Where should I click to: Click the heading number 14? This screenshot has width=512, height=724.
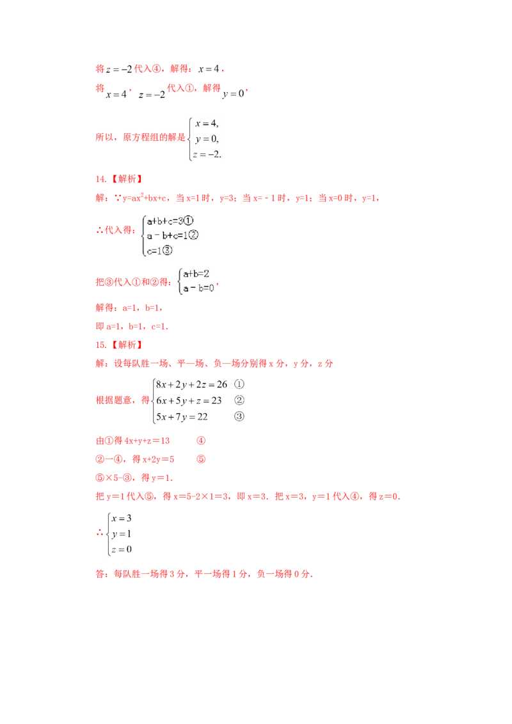pyautogui.click(x=100, y=179)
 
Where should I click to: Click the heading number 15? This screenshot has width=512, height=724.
pyautogui.click(x=100, y=345)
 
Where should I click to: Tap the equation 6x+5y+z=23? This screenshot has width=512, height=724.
pyautogui.click(x=189, y=400)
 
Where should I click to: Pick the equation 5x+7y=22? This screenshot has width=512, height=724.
pyautogui.click(x=182, y=416)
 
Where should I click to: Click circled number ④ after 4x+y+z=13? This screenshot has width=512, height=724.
pyautogui.click(x=201, y=441)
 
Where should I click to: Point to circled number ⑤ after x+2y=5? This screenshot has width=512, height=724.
pyautogui.click(x=201, y=459)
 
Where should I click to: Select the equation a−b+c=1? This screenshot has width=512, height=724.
pyautogui.click(x=172, y=235)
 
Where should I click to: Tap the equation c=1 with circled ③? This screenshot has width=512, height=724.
pyautogui.click(x=159, y=251)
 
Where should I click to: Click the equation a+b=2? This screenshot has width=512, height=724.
pyautogui.click(x=196, y=274)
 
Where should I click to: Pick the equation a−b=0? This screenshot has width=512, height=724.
pyautogui.click(x=198, y=288)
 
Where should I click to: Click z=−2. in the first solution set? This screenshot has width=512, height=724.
pyautogui.click(x=207, y=155)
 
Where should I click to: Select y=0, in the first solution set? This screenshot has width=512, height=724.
pyautogui.click(x=207, y=139)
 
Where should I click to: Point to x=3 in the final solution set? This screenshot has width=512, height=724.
pyautogui.click(x=122, y=519)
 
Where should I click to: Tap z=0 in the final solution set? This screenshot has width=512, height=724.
pyautogui.click(x=122, y=549)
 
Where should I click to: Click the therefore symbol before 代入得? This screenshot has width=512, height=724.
pyautogui.click(x=99, y=230)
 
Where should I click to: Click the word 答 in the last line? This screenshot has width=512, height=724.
pyautogui.click(x=100, y=574)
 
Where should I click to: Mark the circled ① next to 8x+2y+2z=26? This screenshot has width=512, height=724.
pyautogui.click(x=239, y=384)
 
